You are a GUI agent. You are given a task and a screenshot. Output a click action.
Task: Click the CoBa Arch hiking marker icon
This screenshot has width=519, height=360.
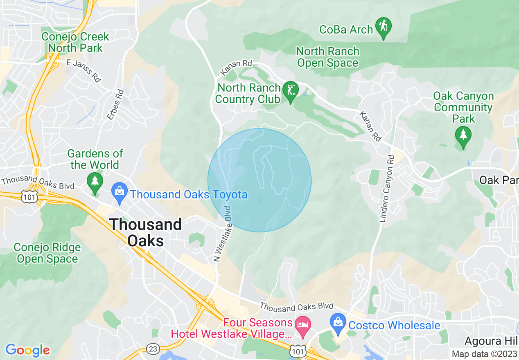tap(383, 27)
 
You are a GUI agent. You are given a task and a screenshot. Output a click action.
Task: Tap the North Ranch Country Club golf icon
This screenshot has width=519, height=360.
tap(291, 91)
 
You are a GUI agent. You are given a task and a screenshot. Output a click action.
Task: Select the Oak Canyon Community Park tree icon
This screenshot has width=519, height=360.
tap(463, 135)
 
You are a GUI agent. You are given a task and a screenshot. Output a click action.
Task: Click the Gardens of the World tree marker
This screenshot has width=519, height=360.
tap(95, 182)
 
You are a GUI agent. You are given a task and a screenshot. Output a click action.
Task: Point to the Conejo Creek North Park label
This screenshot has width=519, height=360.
tap(75, 42)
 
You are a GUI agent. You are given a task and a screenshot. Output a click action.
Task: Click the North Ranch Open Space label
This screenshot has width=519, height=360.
tap(327, 57)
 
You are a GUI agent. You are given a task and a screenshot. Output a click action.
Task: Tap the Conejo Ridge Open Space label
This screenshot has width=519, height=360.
tap(47, 253)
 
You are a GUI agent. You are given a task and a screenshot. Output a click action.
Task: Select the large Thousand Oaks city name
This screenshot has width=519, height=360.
tap(146, 232)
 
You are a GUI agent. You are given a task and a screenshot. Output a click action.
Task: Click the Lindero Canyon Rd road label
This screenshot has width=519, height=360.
tap(387, 189)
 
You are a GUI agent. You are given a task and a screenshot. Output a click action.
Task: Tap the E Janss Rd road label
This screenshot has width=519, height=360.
tap(84, 71)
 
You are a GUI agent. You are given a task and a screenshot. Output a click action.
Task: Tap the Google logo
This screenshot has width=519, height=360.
tap(27, 350)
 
